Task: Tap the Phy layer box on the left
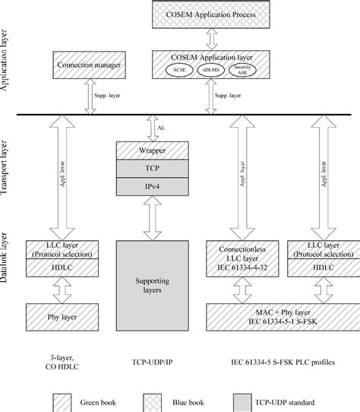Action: pos(58,313)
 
